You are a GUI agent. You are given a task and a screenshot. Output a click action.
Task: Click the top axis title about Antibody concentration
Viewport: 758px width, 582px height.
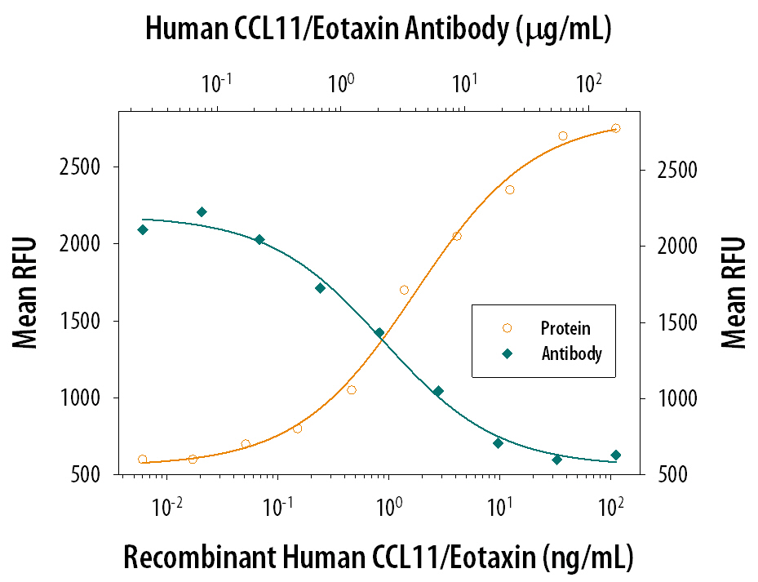pyautogui.click(x=379, y=29)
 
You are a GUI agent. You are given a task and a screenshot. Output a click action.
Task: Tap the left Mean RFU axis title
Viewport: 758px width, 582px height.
pyautogui.click(x=26, y=291)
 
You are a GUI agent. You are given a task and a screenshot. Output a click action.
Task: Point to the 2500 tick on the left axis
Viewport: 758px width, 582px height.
pyautogui.click(x=91, y=167)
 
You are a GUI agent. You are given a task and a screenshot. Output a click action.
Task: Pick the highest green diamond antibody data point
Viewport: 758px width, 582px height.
pyautogui.click(x=202, y=212)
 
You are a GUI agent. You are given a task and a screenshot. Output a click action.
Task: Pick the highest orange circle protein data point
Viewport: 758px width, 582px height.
pyautogui.click(x=615, y=128)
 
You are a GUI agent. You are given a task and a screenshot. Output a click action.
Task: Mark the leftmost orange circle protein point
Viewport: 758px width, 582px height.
pyautogui.click(x=143, y=460)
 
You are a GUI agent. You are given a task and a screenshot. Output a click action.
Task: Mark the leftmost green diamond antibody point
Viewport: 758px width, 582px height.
pyautogui.click(x=143, y=229)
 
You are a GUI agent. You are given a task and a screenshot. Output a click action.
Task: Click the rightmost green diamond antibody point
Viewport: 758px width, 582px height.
pyautogui.click(x=616, y=455)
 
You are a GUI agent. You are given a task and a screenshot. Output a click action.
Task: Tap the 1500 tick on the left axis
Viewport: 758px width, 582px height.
pyautogui.click(x=91, y=322)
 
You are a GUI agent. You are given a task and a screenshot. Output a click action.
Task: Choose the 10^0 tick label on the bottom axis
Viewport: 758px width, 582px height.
pyautogui.click(x=389, y=506)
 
